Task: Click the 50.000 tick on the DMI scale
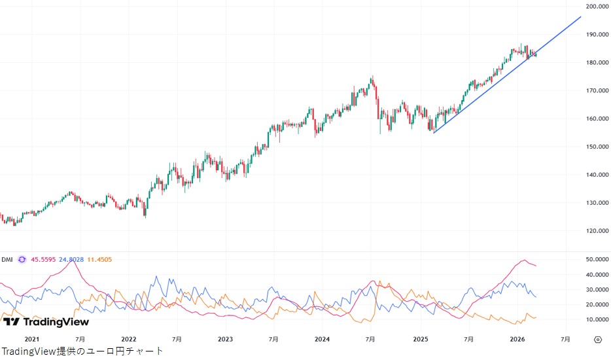click(597, 260)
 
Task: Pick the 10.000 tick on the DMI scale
click(597, 319)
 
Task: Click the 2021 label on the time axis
click(31, 340)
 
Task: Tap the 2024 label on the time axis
click(322, 340)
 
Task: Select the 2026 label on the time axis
click(517, 340)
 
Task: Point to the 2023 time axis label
click(225, 340)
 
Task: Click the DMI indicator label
click(7, 259)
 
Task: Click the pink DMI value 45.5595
click(44, 259)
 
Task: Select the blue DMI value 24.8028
click(71, 259)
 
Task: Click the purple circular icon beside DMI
click(22, 259)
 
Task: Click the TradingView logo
click(46, 321)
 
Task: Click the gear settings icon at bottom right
click(597, 340)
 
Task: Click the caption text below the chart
click(82, 351)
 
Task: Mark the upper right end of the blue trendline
click(580, 17)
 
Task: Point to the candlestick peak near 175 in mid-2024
click(372, 77)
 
